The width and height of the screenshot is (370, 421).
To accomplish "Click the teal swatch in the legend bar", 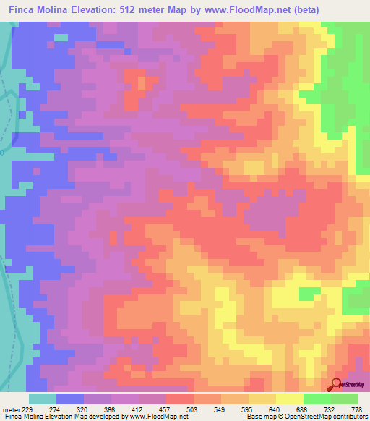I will click(x=42, y=399).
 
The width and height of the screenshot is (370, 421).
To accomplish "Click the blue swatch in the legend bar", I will click(x=69, y=399).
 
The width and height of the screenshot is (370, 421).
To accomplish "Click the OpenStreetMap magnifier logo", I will click(x=335, y=384).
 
